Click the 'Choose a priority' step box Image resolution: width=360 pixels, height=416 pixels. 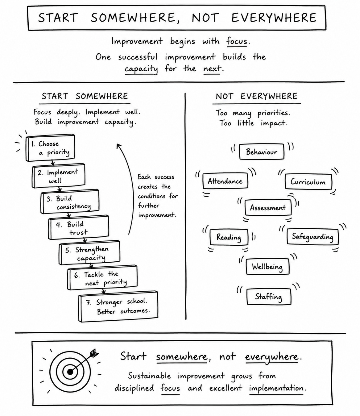pos(50,148)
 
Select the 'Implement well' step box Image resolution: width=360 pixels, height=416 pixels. pos(58,176)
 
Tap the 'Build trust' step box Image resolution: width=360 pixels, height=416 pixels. pos(78,227)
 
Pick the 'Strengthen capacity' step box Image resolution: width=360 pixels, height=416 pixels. pos(89,252)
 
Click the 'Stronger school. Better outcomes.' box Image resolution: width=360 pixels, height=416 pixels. pos(118,306)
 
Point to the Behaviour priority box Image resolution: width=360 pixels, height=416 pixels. pos(262,152)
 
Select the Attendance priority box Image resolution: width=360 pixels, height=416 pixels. pos(225,181)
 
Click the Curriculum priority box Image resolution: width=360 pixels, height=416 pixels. pos(308,181)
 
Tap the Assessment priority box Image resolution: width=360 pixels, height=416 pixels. pos(268,207)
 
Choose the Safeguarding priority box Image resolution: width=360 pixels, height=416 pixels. pos(312,236)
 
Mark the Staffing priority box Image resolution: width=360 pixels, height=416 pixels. pos(269,297)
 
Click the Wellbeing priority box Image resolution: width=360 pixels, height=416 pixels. pos(268,266)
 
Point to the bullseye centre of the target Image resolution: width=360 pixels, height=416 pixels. pos(70,372)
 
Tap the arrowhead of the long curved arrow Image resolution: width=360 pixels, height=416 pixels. pos(118,146)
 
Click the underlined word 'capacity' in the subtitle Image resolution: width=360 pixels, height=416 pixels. pos(141,69)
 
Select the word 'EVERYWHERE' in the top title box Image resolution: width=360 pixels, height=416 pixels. pos(274,18)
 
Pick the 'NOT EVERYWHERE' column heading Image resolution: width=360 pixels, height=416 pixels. pos(257,96)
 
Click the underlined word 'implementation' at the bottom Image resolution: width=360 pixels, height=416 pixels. pos(276,388)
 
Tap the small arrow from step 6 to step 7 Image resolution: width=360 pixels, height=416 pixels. pos(103,291)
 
